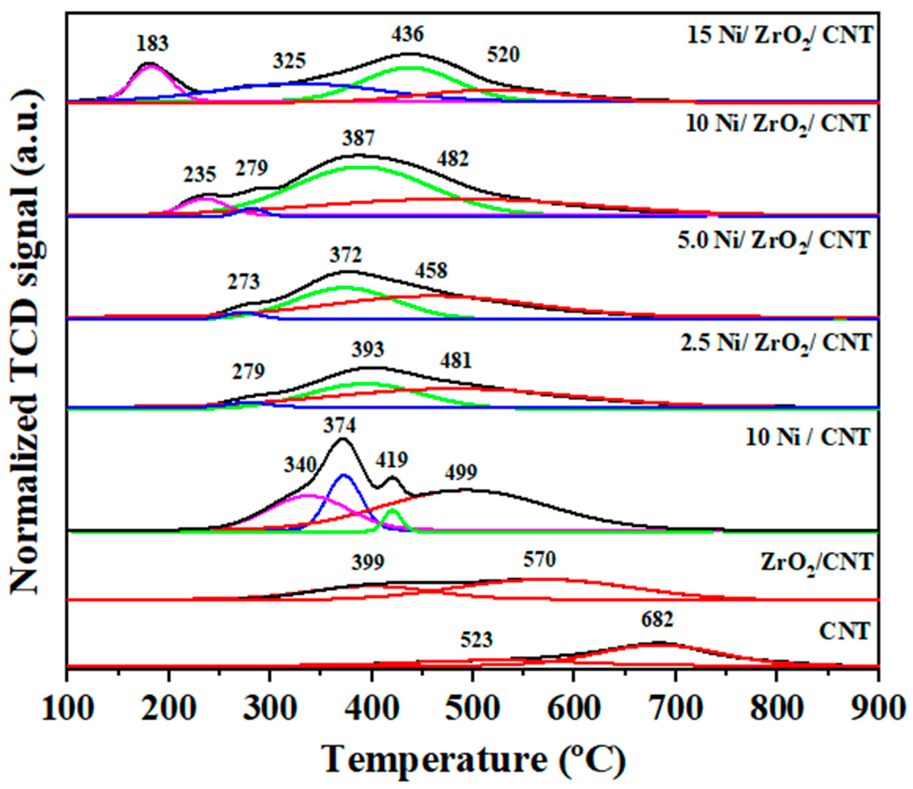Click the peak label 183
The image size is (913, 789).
coord(152,44)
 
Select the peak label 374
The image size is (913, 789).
coord(339,426)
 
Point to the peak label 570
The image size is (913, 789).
coord(540,560)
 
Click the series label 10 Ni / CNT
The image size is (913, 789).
coord(808,438)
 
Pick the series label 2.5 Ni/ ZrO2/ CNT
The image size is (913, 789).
coord(776,343)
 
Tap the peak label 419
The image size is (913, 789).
coord(392,460)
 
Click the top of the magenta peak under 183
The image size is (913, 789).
coord(151,66)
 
